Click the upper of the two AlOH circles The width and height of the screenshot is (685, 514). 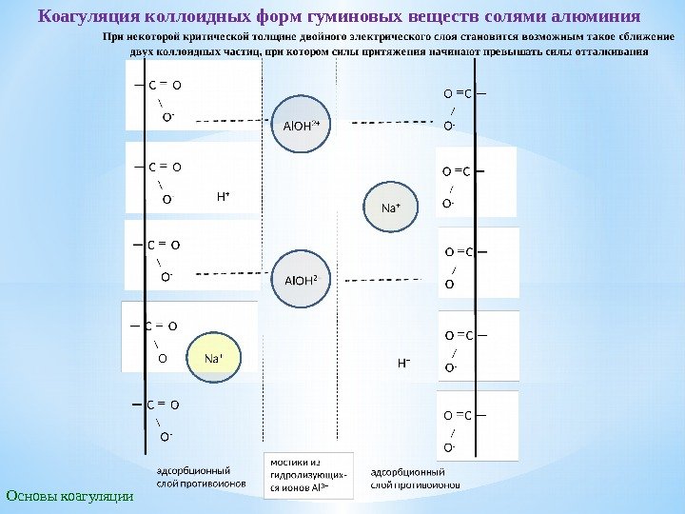303,124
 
